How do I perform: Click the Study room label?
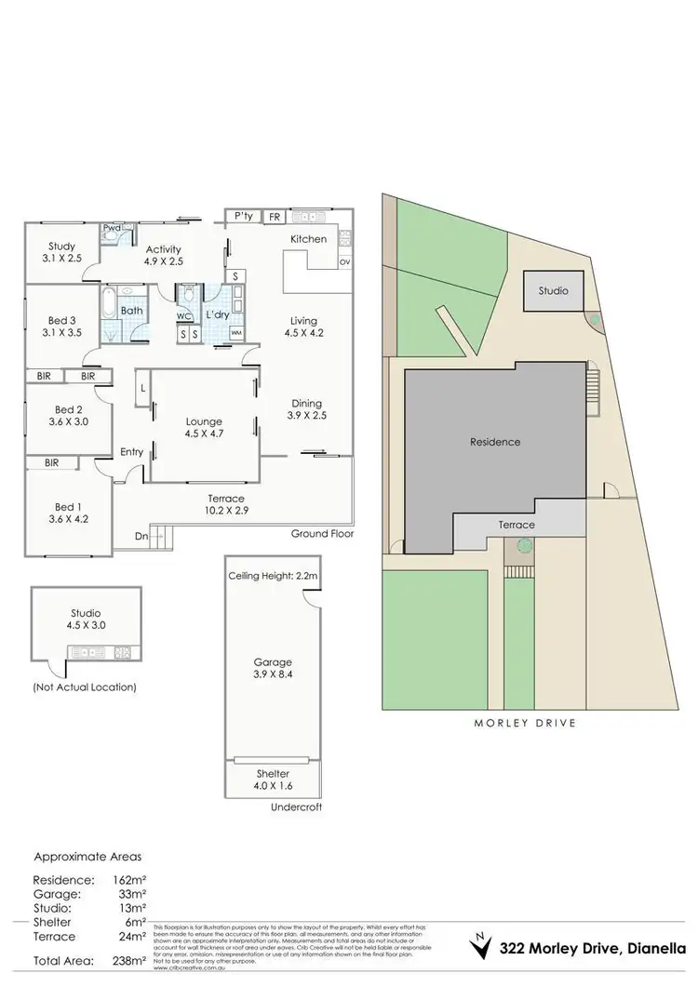(61, 246)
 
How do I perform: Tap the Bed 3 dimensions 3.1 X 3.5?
(61, 330)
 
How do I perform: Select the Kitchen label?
(308, 239)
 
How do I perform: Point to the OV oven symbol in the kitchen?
(344, 262)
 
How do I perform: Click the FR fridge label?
(275, 217)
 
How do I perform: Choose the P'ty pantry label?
(244, 216)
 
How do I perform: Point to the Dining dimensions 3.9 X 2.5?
(306, 416)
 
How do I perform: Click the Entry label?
(132, 452)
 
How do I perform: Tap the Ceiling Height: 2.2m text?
(273, 577)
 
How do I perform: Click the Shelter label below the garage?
(273, 774)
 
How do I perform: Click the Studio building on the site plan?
(552, 291)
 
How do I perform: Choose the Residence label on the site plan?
(494, 442)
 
